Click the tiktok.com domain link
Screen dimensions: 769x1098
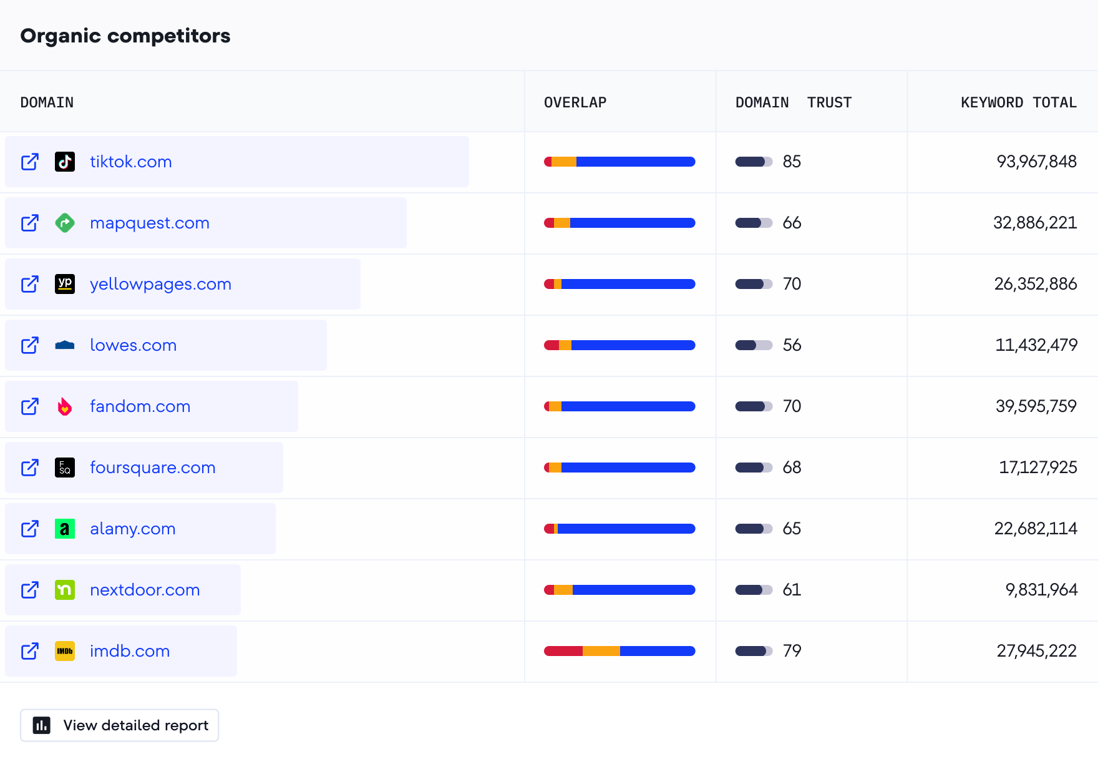(130, 162)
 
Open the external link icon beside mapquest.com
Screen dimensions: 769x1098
(30, 223)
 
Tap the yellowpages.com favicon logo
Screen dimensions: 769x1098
(65, 284)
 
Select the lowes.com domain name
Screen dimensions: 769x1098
(133, 345)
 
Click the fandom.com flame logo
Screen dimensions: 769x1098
(65, 406)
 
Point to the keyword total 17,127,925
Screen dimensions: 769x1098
(1037, 468)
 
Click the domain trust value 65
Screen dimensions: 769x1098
(792, 529)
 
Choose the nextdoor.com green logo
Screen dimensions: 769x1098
(65, 590)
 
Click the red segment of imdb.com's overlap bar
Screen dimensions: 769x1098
(563, 651)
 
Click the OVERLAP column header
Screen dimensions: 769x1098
(575, 102)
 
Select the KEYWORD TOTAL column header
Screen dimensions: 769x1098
(1018, 102)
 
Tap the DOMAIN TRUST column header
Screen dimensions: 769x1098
(793, 102)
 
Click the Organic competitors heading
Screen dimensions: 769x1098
(125, 36)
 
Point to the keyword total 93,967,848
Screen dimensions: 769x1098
(1036, 162)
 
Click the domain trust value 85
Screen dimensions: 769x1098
(792, 162)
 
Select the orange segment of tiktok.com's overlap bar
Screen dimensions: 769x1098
(564, 162)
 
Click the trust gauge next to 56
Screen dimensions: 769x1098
(754, 345)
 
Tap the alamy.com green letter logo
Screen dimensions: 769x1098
(65, 529)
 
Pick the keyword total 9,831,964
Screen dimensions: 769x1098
(1041, 590)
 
